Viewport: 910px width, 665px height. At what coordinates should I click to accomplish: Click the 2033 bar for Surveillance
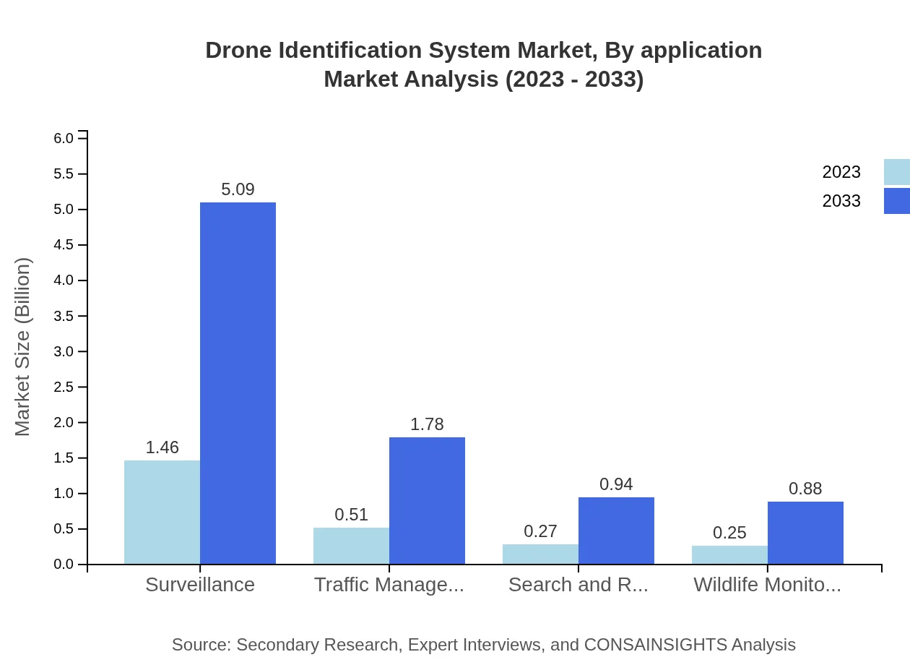click(x=238, y=383)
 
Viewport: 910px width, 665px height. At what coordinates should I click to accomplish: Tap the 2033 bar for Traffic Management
click(x=427, y=500)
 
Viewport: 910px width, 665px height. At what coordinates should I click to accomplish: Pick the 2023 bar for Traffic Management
click(x=351, y=546)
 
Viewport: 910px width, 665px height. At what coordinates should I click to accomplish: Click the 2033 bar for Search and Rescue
click(x=616, y=531)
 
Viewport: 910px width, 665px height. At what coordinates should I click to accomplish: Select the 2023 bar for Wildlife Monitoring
click(x=729, y=554)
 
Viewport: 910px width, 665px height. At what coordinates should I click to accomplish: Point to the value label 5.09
click(x=238, y=189)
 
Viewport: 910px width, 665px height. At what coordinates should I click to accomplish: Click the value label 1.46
click(x=162, y=447)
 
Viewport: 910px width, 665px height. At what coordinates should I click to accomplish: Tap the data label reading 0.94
click(x=616, y=484)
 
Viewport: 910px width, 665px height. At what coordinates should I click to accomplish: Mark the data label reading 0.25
click(x=729, y=533)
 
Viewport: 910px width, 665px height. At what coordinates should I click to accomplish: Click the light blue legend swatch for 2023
click(x=896, y=172)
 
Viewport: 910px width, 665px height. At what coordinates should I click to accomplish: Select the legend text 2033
click(x=841, y=201)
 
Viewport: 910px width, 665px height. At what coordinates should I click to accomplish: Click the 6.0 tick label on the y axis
click(x=64, y=138)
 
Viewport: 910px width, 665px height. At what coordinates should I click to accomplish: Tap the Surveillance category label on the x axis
click(x=200, y=585)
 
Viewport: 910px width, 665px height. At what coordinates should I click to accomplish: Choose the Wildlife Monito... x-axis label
click(x=767, y=585)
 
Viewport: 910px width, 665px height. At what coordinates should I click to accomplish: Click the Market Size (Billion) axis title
click(x=23, y=347)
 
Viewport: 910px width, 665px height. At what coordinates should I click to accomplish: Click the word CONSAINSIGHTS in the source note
click(x=656, y=645)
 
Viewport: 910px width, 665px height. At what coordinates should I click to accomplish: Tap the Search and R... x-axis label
click(x=578, y=585)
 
